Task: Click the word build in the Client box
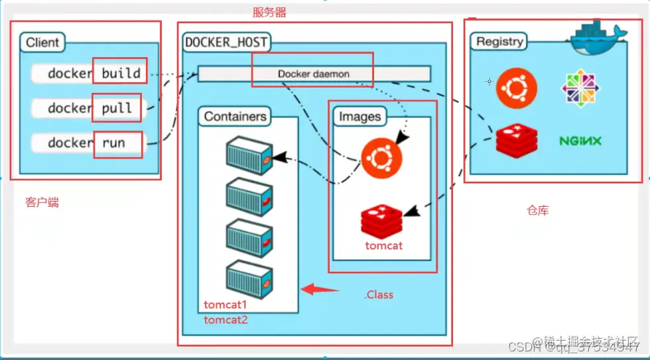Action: pyautogui.click(x=121, y=73)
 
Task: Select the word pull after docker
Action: pyautogui.click(x=117, y=108)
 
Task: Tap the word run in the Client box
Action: pyautogui.click(x=113, y=143)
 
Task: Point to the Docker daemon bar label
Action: pyautogui.click(x=313, y=74)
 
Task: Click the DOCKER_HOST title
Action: pyautogui.click(x=226, y=43)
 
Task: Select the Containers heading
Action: pyautogui.click(x=235, y=117)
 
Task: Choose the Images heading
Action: pyautogui.click(x=360, y=117)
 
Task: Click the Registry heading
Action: pyautogui.click(x=499, y=42)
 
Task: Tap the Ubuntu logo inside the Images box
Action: pyautogui.click(x=381, y=159)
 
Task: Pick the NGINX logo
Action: pyautogui.click(x=580, y=141)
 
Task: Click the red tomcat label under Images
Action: pyautogui.click(x=383, y=246)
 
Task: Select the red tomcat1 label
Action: pyautogui.click(x=226, y=306)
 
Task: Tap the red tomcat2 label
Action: pyautogui.click(x=226, y=320)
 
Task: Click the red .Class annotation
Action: pyautogui.click(x=379, y=294)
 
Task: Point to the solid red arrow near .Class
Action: pyautogui.click(x=320, y=290)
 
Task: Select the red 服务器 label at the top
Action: pyautogui.click(x=270, y=13)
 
